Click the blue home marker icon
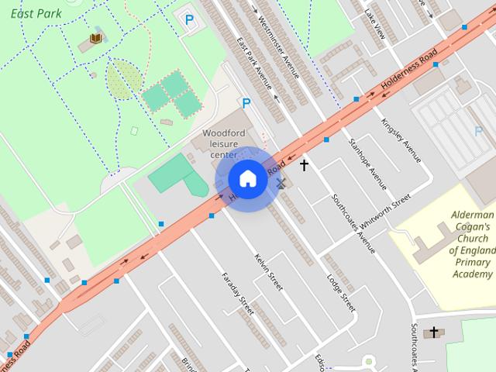(x=247, y=179)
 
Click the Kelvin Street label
(x=269, y=271)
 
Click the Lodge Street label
(x=341, y=291)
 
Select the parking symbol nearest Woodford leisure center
(x=246, y=103)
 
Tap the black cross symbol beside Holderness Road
(x=304, y=165)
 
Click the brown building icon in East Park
(x=96, y=37)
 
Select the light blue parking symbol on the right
(x=478, y=131)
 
